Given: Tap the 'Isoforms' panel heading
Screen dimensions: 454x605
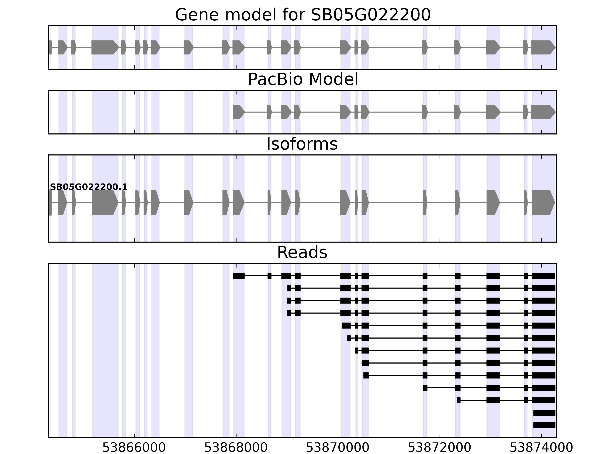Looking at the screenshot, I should [302, 144].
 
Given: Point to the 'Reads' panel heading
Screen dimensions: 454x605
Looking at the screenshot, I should [302, 252].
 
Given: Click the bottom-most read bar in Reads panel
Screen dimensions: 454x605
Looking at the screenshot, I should [544, 425].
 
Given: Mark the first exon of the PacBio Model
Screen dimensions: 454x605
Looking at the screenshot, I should [238, 112].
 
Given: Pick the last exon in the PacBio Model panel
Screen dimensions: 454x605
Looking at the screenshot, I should [543, 112].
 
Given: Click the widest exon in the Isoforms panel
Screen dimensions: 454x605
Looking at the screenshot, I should [105, 203].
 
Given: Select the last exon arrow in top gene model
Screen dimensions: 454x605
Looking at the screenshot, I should [543, 47].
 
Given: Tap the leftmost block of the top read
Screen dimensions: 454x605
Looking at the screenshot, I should [238, 276].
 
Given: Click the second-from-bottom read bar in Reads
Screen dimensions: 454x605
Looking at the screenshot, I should [544, 413].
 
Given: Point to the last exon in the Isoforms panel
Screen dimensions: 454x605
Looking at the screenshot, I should [543, 203].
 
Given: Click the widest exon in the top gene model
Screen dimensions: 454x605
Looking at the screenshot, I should [105, 47].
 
